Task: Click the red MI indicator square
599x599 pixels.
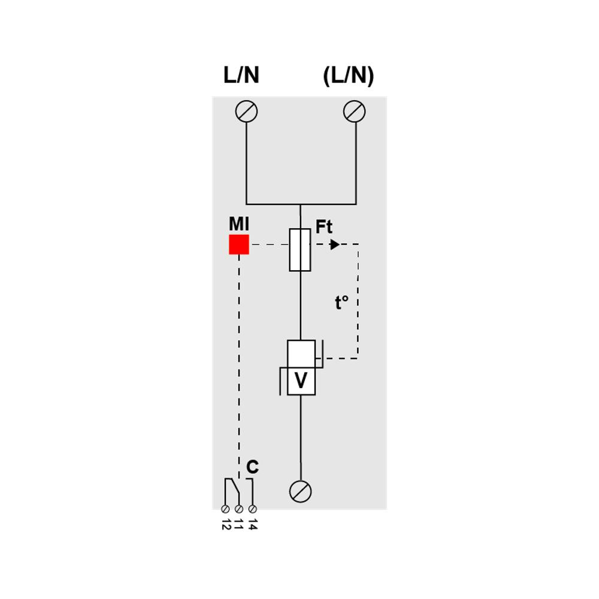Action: point(239,244)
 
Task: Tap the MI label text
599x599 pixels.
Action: point(239,224)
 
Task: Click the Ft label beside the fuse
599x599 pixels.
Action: point(324,227)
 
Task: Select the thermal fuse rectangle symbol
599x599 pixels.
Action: point(300,250)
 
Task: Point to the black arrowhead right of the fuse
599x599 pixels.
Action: point(335,244)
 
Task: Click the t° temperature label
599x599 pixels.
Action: point(341,303)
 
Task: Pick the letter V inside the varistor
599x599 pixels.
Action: point(301,382)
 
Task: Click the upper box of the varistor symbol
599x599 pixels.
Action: point(301,353)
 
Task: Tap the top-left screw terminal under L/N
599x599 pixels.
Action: point(247,111)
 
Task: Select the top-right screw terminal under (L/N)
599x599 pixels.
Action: point(355,111)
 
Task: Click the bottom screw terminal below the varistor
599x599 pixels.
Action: point(300,491)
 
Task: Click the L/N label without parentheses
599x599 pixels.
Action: point(241,75)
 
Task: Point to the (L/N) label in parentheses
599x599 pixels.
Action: point(348,75)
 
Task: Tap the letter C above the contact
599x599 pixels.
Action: point(253,467)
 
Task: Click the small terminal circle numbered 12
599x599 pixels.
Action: point(225,509)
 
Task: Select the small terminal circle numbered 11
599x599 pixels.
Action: point(239,509)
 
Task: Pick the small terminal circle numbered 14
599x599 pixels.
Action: point(253,509)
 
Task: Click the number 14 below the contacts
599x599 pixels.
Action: point(253,525)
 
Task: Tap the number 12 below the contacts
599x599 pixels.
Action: point(225,525)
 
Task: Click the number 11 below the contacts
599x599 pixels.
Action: point(239,525)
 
